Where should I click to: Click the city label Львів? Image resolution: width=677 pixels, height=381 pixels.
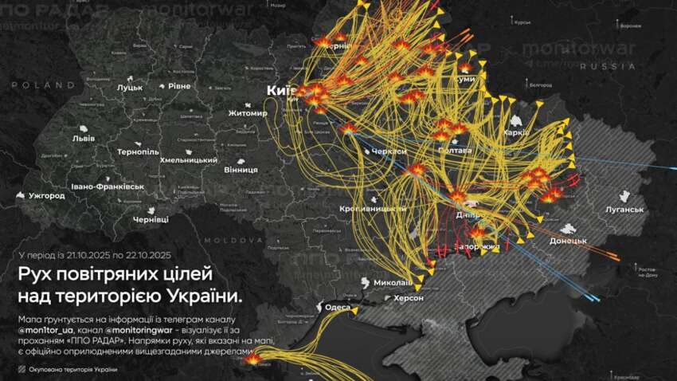83,138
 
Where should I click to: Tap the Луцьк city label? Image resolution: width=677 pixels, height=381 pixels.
129,86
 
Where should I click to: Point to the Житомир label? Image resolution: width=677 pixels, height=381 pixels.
247,113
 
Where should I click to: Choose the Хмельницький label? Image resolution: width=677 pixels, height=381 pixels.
189,159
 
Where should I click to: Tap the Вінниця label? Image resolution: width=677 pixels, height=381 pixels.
218,170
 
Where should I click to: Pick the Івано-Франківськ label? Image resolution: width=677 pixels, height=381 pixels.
108,186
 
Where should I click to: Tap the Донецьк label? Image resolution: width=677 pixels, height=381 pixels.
568,240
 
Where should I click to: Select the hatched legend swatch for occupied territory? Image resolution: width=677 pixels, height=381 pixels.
21,369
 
